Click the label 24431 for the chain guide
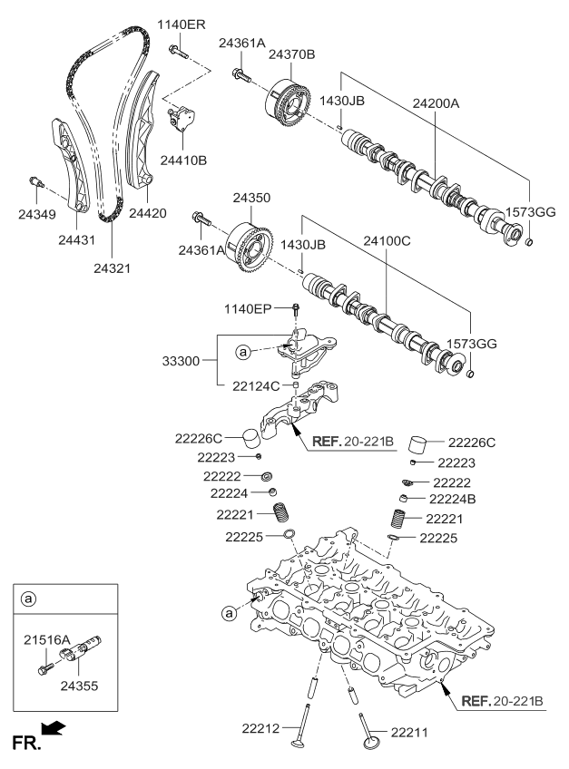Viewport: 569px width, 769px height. (76, 240)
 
